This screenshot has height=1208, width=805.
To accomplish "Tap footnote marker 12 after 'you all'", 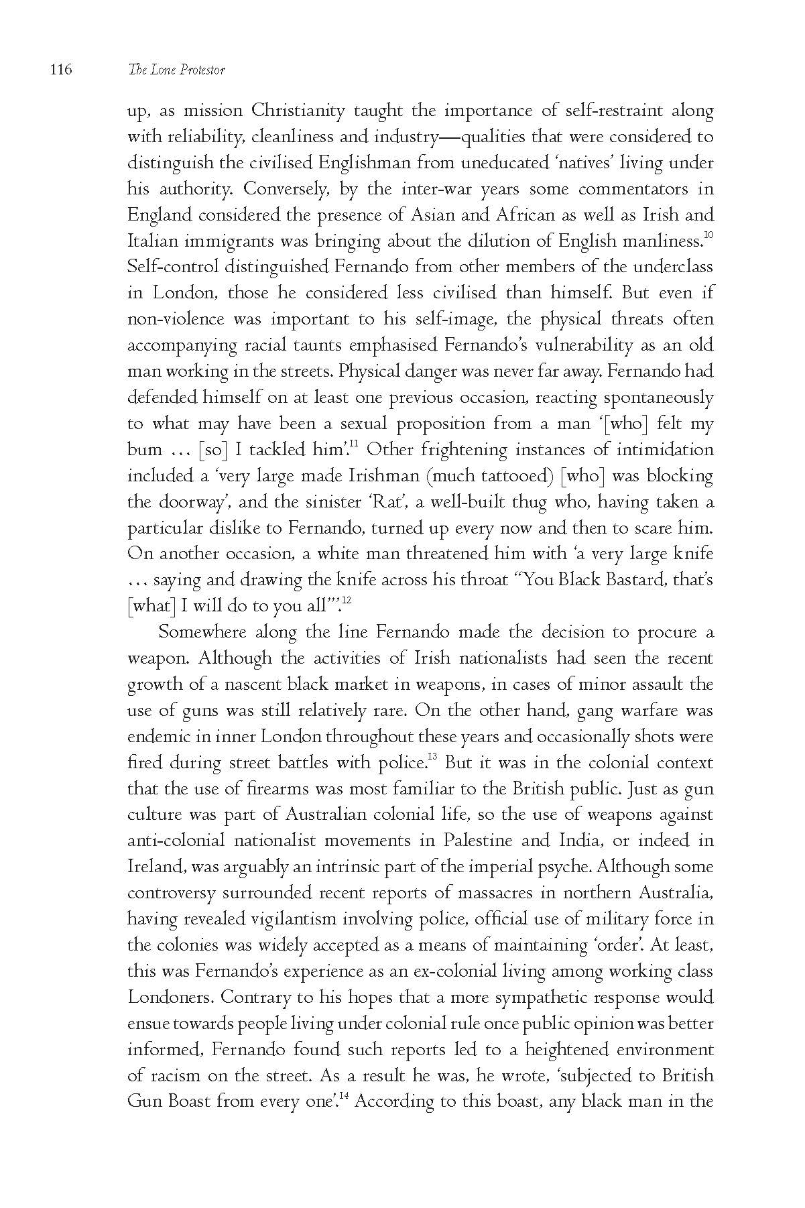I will (x=347, y=601).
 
